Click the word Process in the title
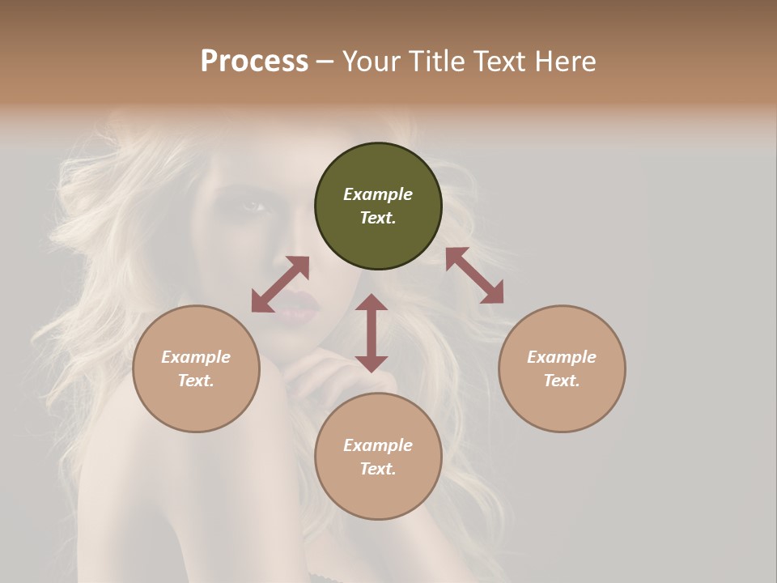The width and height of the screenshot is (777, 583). coord(254,62)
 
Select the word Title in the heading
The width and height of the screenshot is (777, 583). coord(435,62)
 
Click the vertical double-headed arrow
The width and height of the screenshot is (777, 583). coord(372,333)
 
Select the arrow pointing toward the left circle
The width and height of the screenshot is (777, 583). coord(280,284)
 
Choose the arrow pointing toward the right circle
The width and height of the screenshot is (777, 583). coord(474,275)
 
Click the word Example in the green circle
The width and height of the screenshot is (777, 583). coord(378,194)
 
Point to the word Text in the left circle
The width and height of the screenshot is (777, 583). coord(196,381)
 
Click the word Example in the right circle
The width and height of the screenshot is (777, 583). coord(562,357)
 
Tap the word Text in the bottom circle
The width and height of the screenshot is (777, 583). coord(378,469)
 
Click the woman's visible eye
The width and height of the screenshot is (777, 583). coord(254,206)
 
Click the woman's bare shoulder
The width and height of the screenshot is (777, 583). coord(129,453)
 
